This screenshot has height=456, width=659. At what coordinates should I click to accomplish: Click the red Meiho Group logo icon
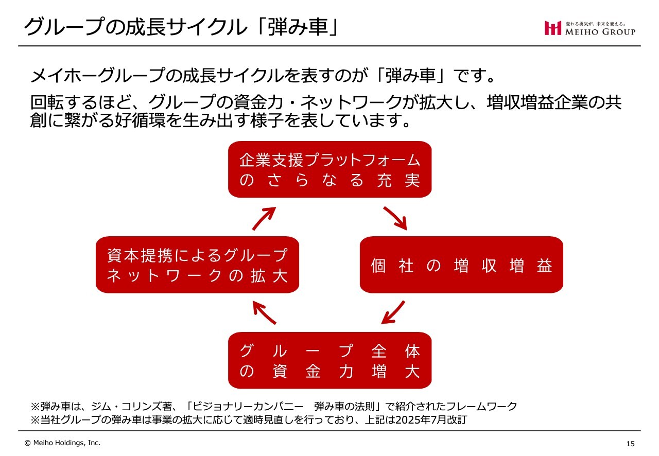point(553,28)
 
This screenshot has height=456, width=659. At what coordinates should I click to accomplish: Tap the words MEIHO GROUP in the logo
point(600,32)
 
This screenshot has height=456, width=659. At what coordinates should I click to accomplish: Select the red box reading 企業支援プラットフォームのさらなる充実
point(330,169)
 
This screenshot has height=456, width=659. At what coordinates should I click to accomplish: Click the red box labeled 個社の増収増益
point(461,265)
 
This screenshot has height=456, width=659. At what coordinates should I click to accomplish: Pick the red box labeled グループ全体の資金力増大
point(330,360)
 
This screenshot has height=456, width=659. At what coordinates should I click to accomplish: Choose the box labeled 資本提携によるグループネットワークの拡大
point(197,265)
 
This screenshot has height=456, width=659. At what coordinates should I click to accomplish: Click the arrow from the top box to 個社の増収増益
point(395,218)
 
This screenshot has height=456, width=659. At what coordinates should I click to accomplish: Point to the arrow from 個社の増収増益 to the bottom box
point(393,312)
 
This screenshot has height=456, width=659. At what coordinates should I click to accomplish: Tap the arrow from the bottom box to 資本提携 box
point(264,312)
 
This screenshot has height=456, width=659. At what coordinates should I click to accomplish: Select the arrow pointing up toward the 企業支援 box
point(264,218)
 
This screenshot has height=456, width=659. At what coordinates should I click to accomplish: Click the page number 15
point(630,444)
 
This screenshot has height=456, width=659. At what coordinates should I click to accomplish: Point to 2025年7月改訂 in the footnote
point(431,419)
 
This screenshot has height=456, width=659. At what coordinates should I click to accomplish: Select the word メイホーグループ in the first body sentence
point(97,75)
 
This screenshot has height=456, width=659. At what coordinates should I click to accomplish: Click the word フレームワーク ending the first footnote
point(481,406)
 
